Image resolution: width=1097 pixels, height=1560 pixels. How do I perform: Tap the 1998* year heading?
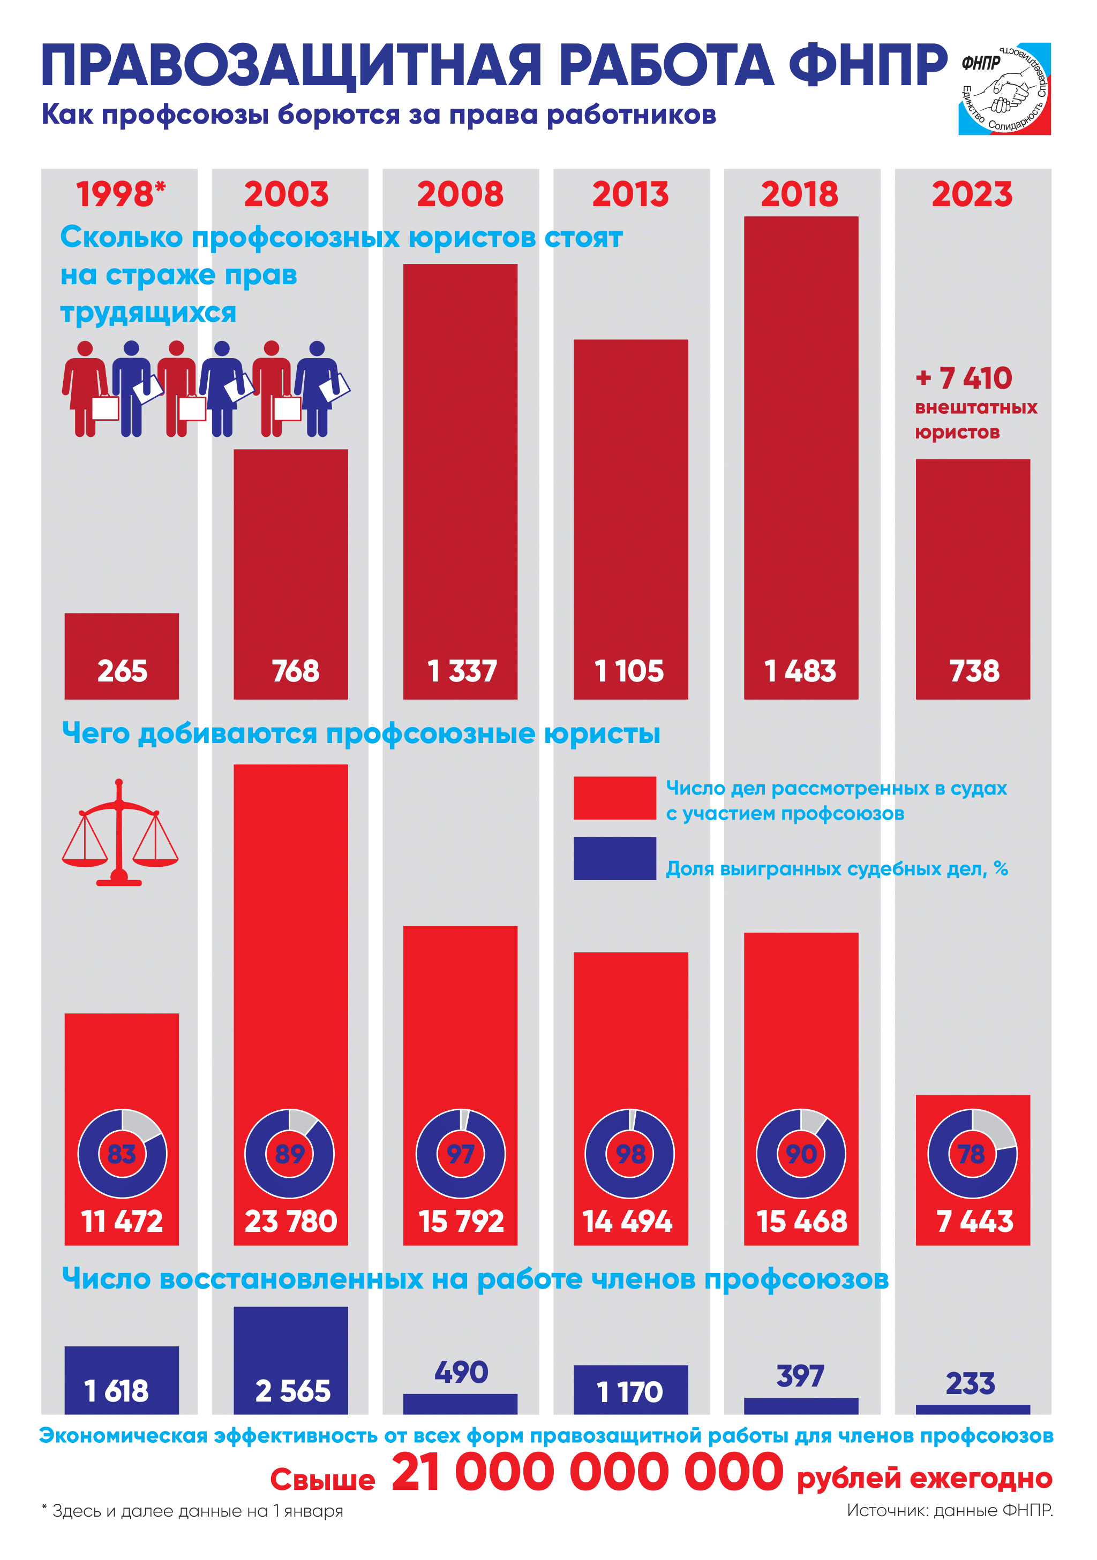coord(121,194)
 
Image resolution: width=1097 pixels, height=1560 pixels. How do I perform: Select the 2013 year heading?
coord(630,194)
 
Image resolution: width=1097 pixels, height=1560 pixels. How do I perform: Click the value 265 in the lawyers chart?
coord(122,671)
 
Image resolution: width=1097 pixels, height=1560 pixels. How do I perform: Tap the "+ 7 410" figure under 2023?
coord(964,378)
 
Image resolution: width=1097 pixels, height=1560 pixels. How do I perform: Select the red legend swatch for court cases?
coord(614,798)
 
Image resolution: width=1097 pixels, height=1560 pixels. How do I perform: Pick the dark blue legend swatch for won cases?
coord(614,858)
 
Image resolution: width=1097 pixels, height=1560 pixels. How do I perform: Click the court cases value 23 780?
coord(291,1222)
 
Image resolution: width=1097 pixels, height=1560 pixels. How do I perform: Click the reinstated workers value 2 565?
coord(293,1391)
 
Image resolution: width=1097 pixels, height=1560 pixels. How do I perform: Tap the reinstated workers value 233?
coord(971,1383)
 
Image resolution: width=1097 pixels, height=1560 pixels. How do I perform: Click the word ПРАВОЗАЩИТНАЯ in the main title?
coord(291,66)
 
